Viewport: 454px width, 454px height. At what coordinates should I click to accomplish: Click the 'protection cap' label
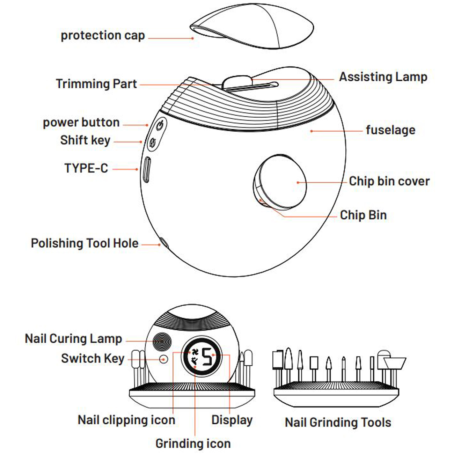[103, 36]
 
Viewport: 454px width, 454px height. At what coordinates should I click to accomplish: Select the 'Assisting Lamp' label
[383, 77]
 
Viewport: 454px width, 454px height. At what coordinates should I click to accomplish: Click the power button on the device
[160, 125]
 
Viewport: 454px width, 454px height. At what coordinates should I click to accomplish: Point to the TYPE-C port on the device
[147, 169]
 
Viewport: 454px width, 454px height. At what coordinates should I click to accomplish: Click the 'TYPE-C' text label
[86, 168]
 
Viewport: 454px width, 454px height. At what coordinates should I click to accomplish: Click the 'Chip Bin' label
[363, 215]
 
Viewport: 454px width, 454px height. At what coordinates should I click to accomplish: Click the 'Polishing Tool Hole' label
[85, 243]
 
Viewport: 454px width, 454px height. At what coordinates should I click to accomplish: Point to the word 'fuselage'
[390, 130]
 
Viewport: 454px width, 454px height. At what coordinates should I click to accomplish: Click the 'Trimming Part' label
[96, 84]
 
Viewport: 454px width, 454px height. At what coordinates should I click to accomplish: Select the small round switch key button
[163, 359]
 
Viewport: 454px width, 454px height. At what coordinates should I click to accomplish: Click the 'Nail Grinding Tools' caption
[338, 423]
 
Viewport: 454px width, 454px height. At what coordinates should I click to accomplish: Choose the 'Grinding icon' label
[193, 444]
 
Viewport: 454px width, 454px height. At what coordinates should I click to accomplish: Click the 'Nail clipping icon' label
[126, 420]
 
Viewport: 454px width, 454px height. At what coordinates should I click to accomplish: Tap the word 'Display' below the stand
[232, 420]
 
